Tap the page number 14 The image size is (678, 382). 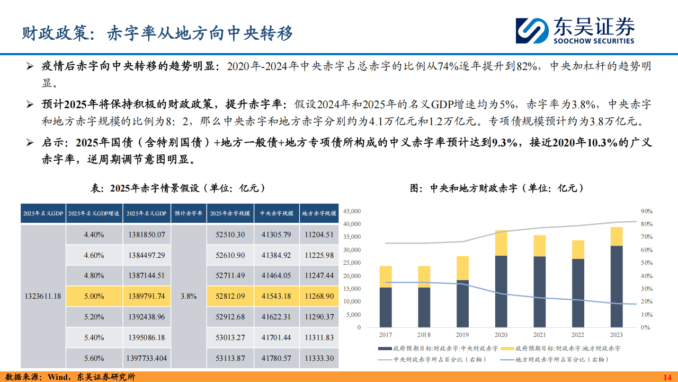click(667, 377)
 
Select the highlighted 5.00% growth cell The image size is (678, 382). click(94, 296)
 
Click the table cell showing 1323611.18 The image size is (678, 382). click(43, 296)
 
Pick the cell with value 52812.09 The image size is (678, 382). click(230, 296)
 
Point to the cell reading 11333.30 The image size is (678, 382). click(319, 358)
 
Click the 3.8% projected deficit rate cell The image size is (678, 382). click(189, 296)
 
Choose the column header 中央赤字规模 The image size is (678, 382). click(276, 213)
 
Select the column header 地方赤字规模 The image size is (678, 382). click(319, 213)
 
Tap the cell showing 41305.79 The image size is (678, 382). click(276, 234)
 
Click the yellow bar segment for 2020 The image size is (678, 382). click(502, 243)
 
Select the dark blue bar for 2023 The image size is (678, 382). click(616, 286)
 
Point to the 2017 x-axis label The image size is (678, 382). click(386, 335)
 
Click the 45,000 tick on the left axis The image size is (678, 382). click(352, 211)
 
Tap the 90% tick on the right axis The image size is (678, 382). click(646, 211)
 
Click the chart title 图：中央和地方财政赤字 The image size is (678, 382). click(497, 188)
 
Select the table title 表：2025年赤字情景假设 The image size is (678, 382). click(179, 188)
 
